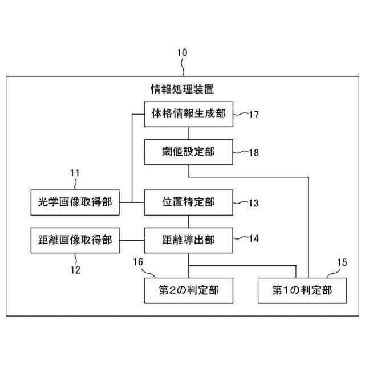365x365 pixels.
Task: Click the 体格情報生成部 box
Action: pyautogui.click(x=188, y=113)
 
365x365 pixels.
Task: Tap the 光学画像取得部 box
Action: pyautogui.click(x=75, y=202)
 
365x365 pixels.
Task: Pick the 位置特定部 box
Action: pyautogui.click(x=188, y=202)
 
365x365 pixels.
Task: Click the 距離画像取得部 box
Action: pyautogui.click(x=75, y=240)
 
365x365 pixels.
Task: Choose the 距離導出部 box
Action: pyautogui.click(x=188, y=240)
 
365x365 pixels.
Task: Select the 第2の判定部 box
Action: pyautogui.click(x=188, y=290)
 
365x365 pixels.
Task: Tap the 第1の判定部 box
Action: pyautogui.click(x=302, y=290)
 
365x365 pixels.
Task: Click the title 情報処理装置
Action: pyautogui.click(x=182, y=90)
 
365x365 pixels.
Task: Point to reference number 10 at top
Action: pyautogui.click(x=182, y=52)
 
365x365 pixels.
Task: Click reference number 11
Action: pyautogui.click(x=75, y=172)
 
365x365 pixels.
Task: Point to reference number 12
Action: pyautogui.click(x=75, y=270)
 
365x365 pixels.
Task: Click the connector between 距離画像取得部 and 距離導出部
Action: pyautogui.click(x=132, y=240)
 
